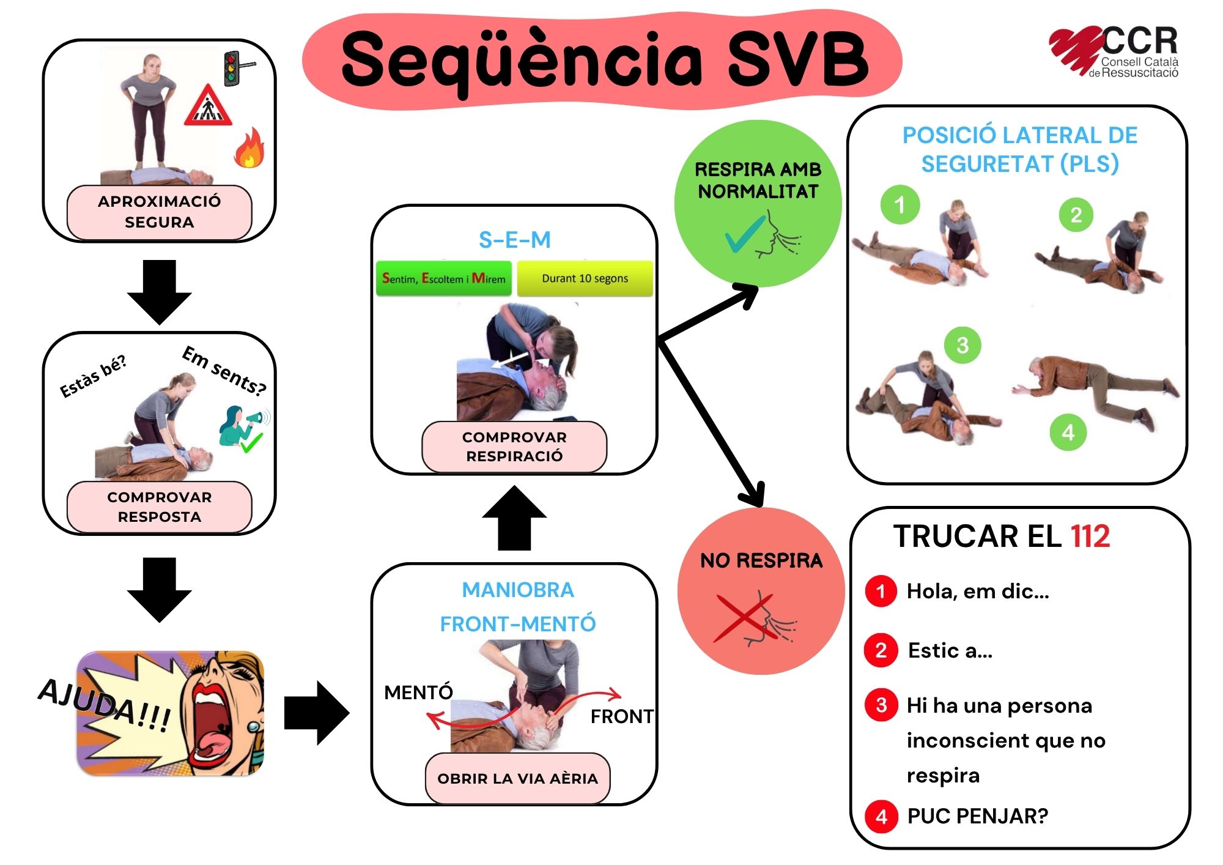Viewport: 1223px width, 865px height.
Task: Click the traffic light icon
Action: [x=232, y=68]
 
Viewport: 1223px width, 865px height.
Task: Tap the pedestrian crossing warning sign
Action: [x=208, y=107]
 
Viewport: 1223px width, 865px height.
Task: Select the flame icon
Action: [x=249, y=148]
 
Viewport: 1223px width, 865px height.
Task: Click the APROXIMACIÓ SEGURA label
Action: [x=159, y=212]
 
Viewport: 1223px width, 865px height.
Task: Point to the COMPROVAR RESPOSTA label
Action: [x=159, y=507]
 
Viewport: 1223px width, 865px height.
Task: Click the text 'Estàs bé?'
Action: [x=93, y=376]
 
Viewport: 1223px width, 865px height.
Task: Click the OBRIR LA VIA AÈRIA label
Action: [x=517, y=778]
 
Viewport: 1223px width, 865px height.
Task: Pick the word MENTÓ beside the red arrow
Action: [x=418, y=692]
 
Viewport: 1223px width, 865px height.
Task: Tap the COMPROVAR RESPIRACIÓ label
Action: [x=514, y=447]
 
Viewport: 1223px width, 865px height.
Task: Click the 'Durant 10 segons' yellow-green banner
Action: [x=585, y=279]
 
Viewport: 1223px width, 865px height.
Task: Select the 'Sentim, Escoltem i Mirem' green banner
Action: [x=444, y=279]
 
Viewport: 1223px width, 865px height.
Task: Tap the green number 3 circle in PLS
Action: [x=963, y=345]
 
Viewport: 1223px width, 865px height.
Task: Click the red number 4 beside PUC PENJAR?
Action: [x=881, y=816]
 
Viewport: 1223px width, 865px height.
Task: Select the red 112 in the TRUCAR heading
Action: [x=1090, y=536]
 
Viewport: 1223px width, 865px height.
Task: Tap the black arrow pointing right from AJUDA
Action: [x=317, y=713]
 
